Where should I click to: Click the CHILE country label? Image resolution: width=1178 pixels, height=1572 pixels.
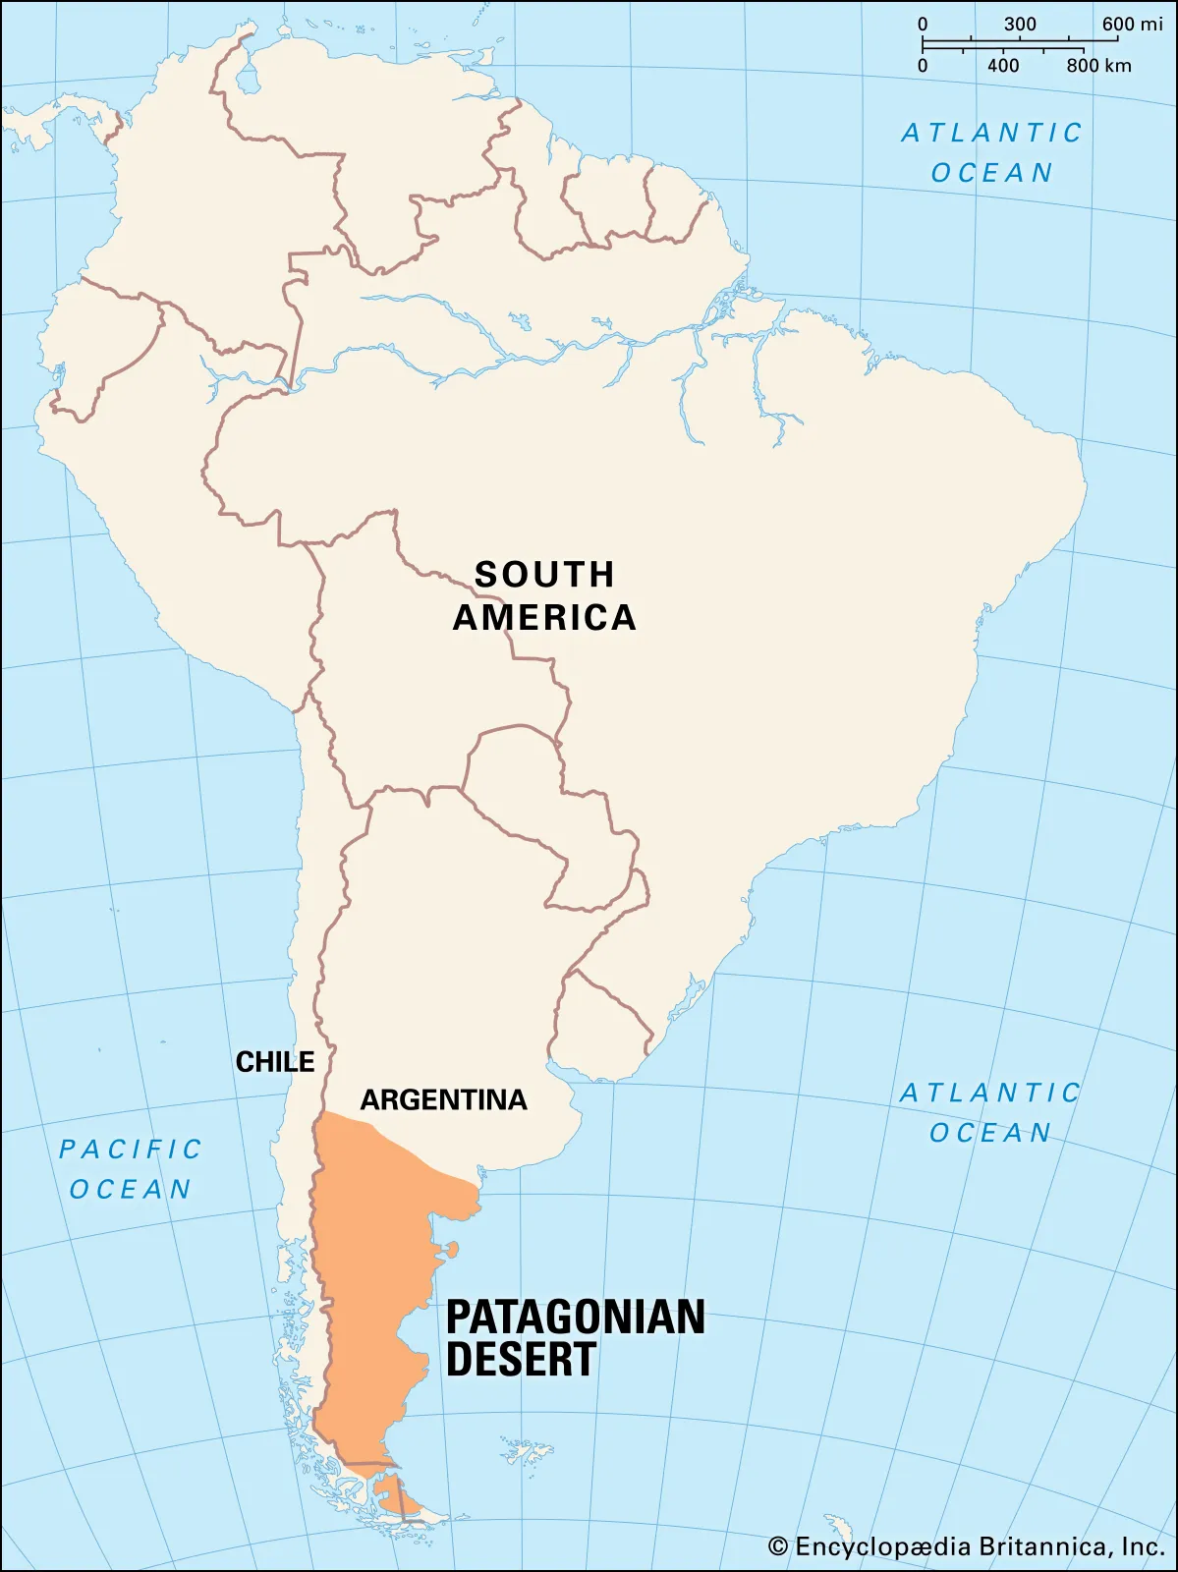tap(275, 1062)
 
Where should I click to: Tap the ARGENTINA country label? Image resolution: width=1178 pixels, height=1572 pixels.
tap(443, 1099)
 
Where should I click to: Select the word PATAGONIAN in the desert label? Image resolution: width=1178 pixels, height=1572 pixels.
tap(576, 1318)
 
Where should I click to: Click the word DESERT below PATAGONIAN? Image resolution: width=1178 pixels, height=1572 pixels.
tap(521, 1360)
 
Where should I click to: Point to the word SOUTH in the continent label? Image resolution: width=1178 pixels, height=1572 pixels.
tap(544, 575)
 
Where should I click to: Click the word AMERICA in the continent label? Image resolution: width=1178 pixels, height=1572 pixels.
tap(544, 618)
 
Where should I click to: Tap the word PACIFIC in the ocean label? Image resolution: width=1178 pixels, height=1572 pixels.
tap(131, 1149)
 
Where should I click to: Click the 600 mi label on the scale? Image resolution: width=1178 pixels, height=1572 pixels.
tap(1132, 24)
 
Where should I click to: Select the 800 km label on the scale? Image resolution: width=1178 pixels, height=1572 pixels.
tap(1098, 66)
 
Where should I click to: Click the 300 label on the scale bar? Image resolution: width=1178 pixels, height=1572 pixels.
tap(1020, 24)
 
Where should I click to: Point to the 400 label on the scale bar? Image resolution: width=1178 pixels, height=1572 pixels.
tap(1003, 66)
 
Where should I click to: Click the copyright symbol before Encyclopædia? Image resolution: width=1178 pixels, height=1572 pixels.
tap(778, 1547)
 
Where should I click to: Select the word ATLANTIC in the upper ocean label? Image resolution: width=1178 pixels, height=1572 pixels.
tap(991, 133)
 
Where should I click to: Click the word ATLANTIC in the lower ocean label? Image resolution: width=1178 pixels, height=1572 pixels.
tap(990, 1093)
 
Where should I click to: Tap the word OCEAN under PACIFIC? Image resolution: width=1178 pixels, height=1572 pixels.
tap(131, 1189)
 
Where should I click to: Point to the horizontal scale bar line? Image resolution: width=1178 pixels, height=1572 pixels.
tap(1002, 43)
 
